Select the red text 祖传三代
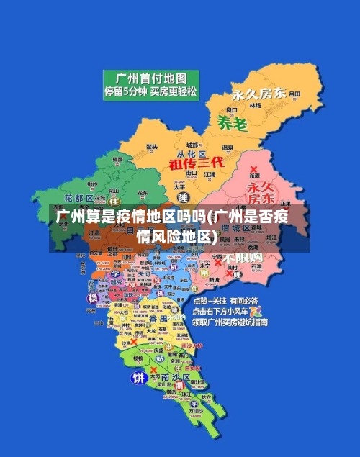[x=197, y=163]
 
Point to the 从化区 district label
[x=192, y=154]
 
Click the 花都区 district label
[x=79, y=197]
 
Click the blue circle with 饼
[x=138, y=377]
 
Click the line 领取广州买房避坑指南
[x=230, y=322]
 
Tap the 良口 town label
[x=232, y=109]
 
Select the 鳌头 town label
[x=152, y=146]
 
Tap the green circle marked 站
[x=160, y=357]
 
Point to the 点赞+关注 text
[x=208, y=301]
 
